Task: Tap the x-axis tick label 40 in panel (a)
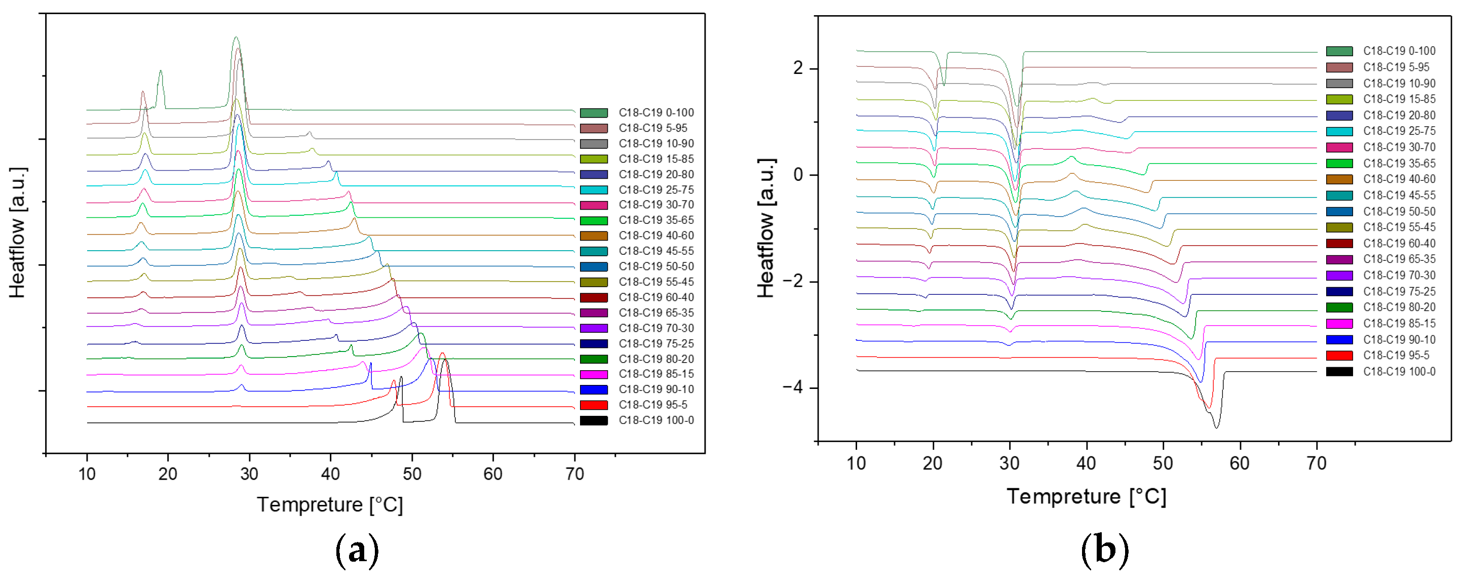click(x=330, y=474)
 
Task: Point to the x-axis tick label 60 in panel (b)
click(x=1240, y=463)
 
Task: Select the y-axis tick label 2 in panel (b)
click(x=798, y=68)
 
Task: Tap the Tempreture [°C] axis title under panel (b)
click(x=1086, y=496)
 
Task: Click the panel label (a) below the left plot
click(x=357, y=550)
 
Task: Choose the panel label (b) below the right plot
click(x=1105, y=550)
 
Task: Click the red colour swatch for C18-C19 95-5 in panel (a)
click(x=594, y=405)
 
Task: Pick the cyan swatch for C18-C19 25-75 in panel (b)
click(x=1339, y=131)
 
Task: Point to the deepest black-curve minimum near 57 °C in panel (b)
click(x=1216, y=427)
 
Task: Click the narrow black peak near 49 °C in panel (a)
click(x=401, y=377)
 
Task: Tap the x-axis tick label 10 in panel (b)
click(x=856, y=463)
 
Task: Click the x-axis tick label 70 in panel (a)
click(x=575, y=474)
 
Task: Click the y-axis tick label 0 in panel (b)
click(x=798, y=175)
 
